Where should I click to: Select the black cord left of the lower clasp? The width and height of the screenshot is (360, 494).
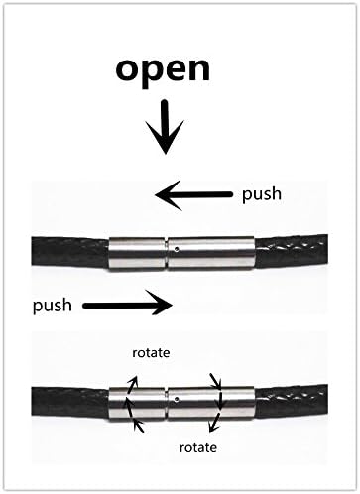tap(60, 397)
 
